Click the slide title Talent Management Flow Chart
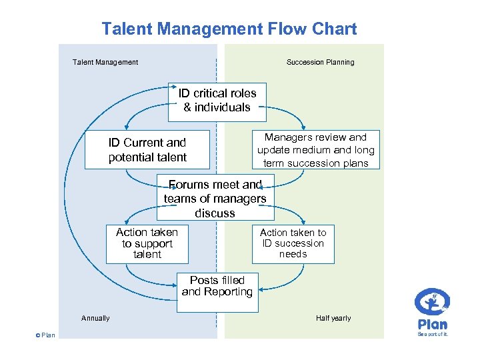[229, 29]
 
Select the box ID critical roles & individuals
[217, 101]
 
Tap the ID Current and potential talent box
[147, 149]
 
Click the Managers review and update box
[316, 149]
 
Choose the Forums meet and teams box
[215, 199]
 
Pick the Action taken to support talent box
[147, 243]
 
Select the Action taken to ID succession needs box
[293, 243]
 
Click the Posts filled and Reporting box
[217, 292]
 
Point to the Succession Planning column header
[320, 63]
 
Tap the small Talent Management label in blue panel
[105, 63]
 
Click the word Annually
[95, 319]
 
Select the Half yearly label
[333, 319]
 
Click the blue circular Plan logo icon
[432, 303]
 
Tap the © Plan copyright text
[45, 335]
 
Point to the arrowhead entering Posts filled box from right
[261, 289]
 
